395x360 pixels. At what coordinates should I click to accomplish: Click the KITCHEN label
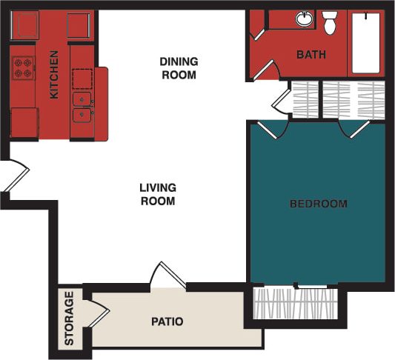(53, 74)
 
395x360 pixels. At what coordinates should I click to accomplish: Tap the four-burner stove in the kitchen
(23, 69)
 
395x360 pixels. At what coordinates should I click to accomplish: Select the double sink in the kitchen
(82, 107)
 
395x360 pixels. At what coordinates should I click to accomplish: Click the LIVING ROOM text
(157, 194)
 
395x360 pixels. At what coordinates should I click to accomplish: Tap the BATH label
(311, 54)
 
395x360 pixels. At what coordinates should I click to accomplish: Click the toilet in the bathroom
(331, 22)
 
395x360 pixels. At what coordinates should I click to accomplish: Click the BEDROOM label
(318, 204)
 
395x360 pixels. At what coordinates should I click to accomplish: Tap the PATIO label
(167, 321)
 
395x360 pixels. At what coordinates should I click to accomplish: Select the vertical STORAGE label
(69, 319)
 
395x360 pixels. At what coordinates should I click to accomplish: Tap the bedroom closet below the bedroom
(294, 304)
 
